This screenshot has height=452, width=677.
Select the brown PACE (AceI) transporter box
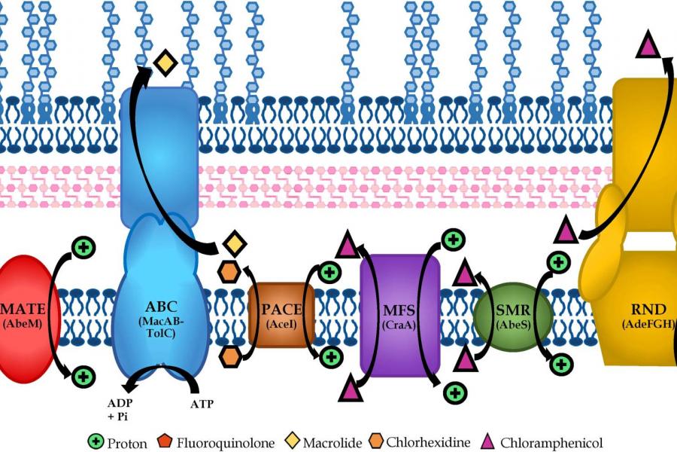coord(281,315)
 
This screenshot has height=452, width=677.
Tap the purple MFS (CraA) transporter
coord(399,315)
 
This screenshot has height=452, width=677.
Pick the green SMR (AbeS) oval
coord(514,315)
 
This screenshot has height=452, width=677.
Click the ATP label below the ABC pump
coord(201,404)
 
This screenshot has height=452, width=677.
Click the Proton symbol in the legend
coord(96,442)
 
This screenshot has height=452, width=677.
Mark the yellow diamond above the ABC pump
coord(165,63)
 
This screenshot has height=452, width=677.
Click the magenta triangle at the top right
coord(647,46)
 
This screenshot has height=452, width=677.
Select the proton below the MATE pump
coord(83,375)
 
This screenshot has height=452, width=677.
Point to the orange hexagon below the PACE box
coord(230,356)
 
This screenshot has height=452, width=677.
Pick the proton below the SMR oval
coord(560,365)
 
